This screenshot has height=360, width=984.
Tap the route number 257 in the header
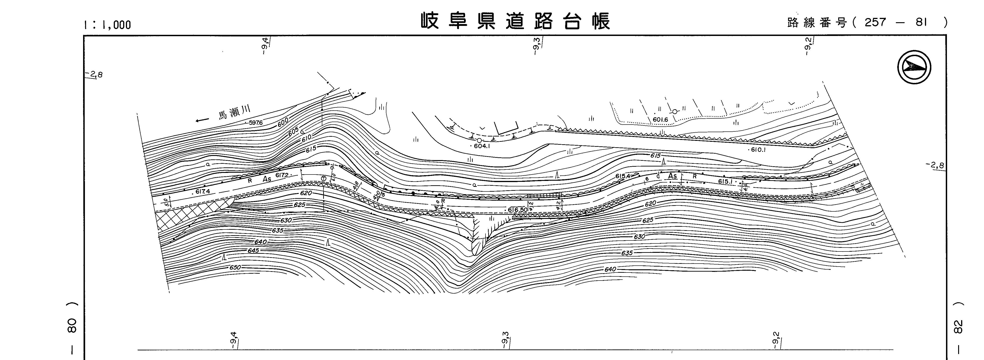click(876, 22)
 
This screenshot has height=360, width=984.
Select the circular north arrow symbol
click(914, 67)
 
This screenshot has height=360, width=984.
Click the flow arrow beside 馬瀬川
click(202, 121)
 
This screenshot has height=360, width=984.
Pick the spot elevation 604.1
click(482, 146)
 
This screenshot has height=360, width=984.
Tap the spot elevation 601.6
click(660, 120)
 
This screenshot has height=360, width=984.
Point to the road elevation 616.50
click(518, 210)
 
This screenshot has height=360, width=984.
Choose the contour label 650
click(235, 267)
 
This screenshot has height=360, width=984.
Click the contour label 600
click(283, 123)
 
